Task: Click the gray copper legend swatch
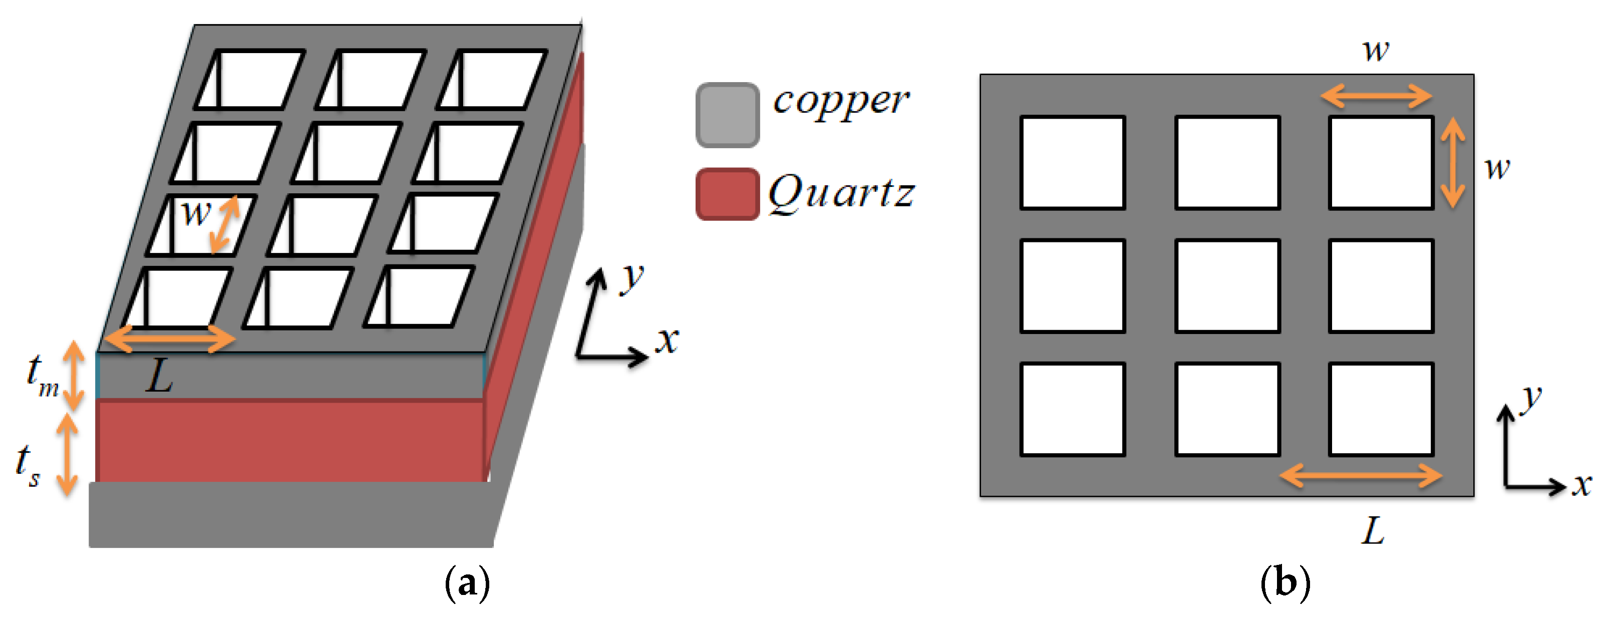coord(727,115)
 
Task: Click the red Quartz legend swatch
coord(727,193)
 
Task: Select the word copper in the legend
coord(840,101)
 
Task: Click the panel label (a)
coord(468,583)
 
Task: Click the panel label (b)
coord(1285,583)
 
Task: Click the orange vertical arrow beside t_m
coord(75,376)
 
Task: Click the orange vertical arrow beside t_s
coord(67,454)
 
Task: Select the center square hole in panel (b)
coord(1227,285)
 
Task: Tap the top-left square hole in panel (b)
coord(1073,162)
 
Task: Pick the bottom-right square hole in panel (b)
coord(1381,409)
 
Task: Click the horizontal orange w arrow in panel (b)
coord(1376,97)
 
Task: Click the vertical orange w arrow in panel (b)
coord(1453,162)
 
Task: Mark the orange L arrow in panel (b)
coord(1361,477)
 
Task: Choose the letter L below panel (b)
coord(1373,531)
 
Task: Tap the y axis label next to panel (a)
coord(632,277)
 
